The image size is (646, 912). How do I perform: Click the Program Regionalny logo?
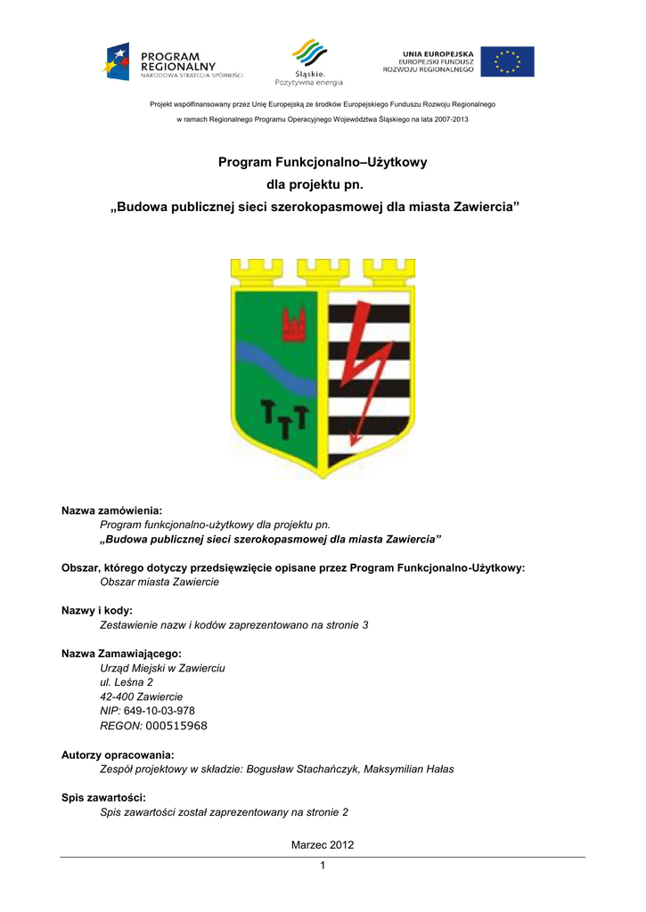[173, 61]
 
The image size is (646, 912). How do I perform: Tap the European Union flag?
[507, 61]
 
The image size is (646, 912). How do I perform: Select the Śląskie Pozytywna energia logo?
[308, 61]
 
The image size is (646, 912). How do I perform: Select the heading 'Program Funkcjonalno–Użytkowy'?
[323, 162]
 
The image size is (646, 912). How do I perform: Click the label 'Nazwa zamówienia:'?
[111, 510]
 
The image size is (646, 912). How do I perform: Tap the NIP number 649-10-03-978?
[159, 711]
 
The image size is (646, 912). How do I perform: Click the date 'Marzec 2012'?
[323, 844]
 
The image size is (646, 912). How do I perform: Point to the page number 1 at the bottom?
[323, 867]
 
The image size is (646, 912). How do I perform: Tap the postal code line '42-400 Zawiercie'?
[142, 696]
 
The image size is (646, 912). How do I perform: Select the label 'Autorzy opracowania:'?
[118, 754]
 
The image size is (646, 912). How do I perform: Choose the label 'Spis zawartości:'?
[103, 798]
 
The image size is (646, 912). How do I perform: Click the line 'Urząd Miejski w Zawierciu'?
[162, 667]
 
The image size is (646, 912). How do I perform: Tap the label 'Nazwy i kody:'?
[96, 610]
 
